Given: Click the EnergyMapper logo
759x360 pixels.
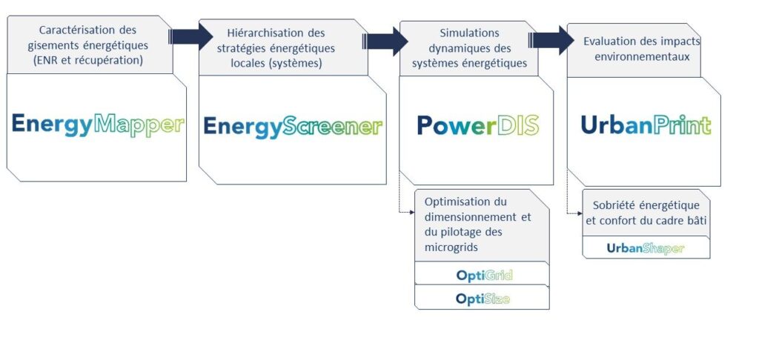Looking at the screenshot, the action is tap(98, 124).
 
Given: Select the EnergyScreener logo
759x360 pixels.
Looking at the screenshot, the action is tap(293, 127).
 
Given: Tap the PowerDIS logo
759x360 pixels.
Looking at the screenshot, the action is tap(478, 125).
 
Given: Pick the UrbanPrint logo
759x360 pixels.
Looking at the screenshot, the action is tap(646, 125).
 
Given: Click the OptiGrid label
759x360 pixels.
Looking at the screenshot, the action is tap(484, 276).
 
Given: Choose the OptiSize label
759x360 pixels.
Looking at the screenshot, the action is tap(483, 299).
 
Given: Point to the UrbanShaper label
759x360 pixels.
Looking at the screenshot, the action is tap(646, 249).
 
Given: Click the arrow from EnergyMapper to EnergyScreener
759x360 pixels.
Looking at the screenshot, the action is tap(190, 36).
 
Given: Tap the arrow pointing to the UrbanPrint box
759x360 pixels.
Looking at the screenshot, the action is tap(551, 40).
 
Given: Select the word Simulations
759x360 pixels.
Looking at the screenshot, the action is tap(469, 33).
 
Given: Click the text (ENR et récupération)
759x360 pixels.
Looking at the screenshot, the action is tap(88, 61).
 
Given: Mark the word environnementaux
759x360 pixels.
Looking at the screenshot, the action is tap(642, 56).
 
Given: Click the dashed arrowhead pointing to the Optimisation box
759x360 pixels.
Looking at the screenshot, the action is tap(412, 212).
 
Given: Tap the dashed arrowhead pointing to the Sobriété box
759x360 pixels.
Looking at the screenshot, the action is tap(580, 213).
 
